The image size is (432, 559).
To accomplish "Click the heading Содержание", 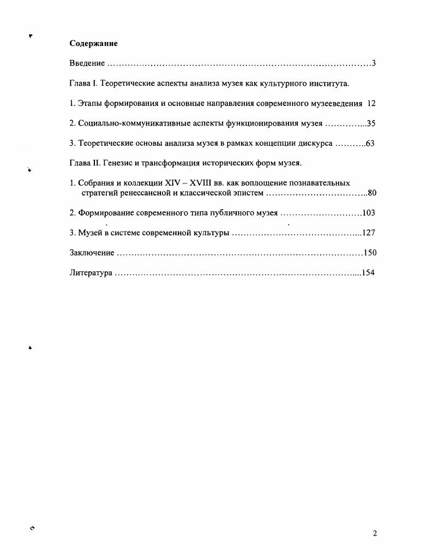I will [94, 43].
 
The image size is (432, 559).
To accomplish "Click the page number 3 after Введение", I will [374, 63].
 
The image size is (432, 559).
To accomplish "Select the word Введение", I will [87, 63].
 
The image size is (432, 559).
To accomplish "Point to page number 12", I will [372, 103].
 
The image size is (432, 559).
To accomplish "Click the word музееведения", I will [333, 103].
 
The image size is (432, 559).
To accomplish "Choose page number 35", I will [371, 123].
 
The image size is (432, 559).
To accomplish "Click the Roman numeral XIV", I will [172, 183].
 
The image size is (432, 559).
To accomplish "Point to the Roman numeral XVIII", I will [201, 183].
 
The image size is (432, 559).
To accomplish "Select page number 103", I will [369, 212].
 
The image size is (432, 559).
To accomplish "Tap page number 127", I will [369, 233].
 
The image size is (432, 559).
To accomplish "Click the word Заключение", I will [92, 253].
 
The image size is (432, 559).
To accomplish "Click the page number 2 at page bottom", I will [375, 533].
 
